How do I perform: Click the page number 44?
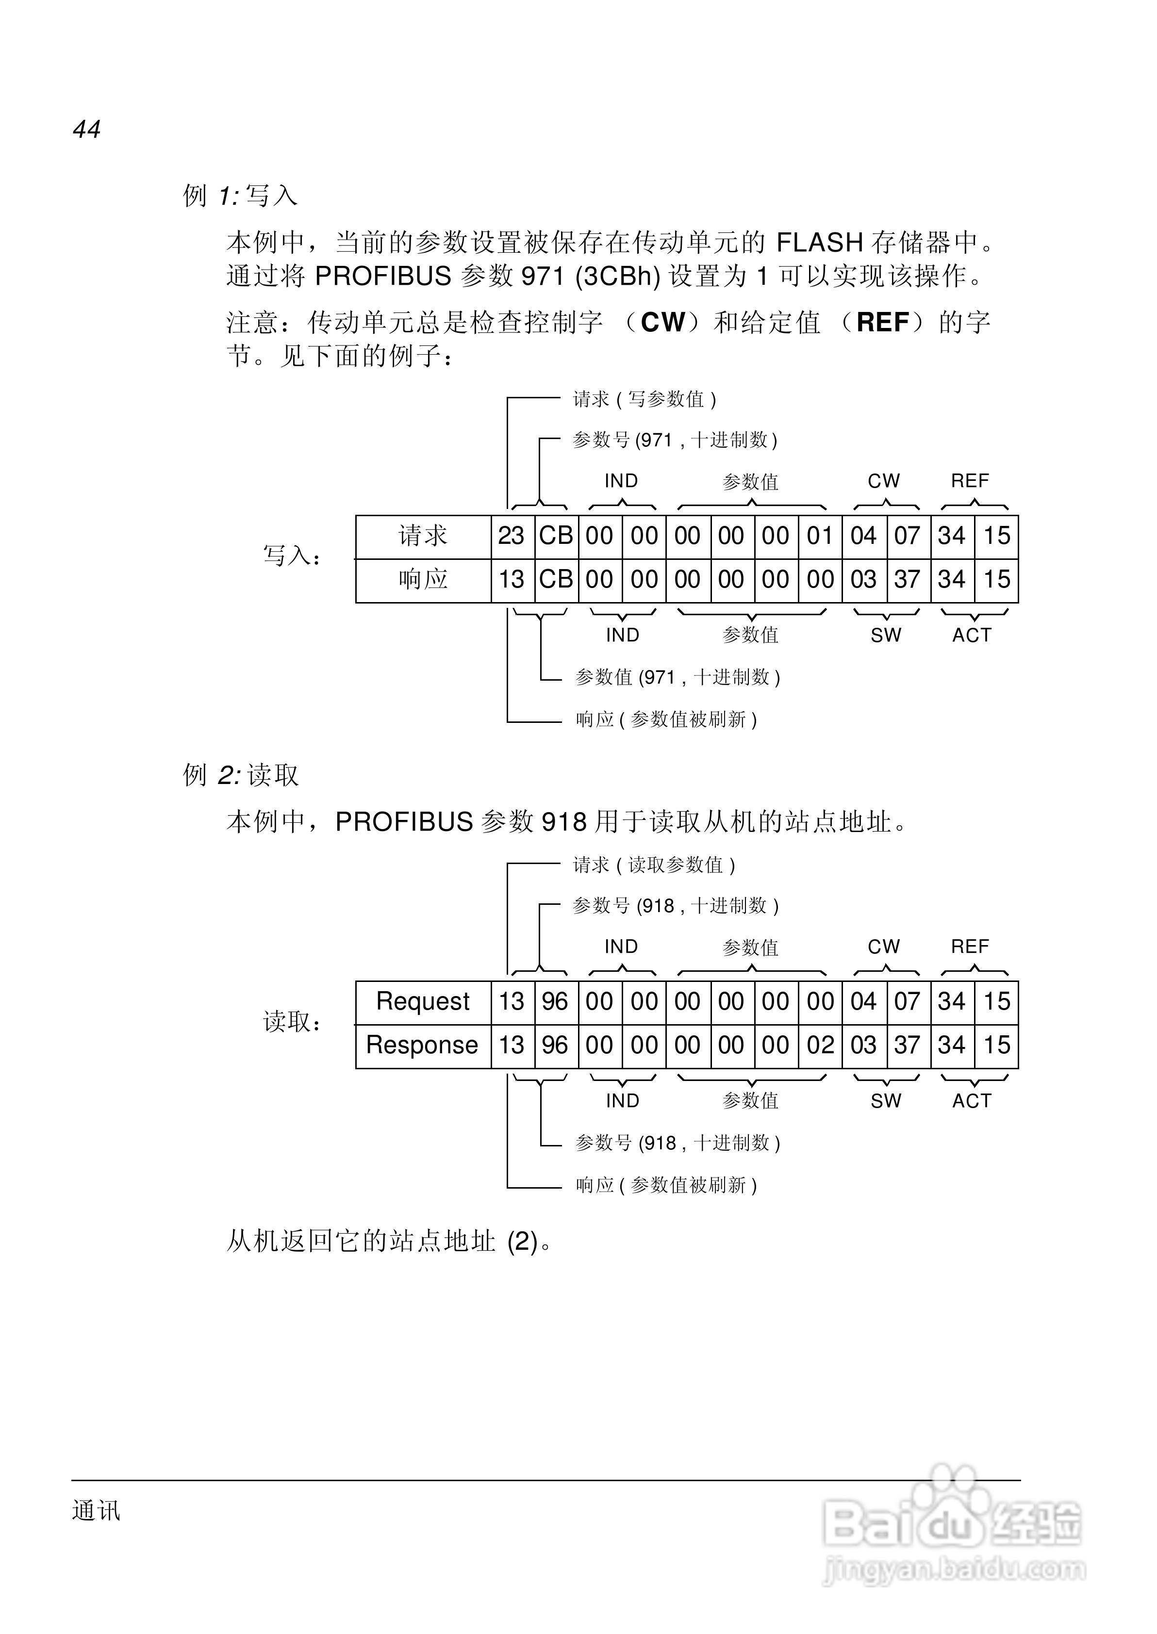(86, 130)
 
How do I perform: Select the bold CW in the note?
(662, 323)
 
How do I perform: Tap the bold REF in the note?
(883, 323)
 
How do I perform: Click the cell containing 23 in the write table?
(512, 536)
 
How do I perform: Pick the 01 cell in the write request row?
(820, 536)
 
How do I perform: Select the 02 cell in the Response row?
(820, 1045)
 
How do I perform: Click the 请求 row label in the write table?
(423, 536)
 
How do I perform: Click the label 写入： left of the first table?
(292, 556)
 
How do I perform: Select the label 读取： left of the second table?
(292, 1022)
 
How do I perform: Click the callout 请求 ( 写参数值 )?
(645, 399)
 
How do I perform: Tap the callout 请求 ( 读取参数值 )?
(654, 865)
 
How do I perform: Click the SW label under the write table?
(886, 635)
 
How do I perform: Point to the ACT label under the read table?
(972, 1101)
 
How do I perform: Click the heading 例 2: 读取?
(240, 775)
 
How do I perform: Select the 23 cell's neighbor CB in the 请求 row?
(556, 536)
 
